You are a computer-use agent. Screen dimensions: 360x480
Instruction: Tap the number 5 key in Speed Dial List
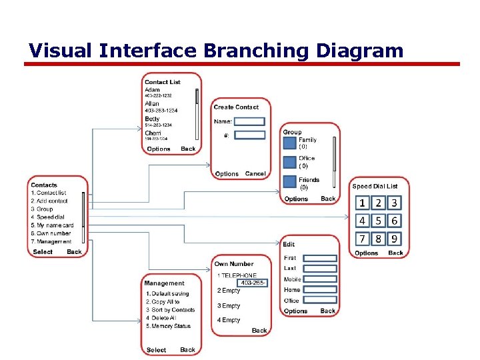click(379, 221)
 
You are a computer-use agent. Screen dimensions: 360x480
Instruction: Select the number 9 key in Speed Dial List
click(395, 238)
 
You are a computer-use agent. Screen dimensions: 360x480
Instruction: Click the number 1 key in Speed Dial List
click(362, 203)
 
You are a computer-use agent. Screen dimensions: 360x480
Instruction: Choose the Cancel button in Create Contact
click(255, 174)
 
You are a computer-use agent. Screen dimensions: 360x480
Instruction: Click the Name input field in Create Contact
click(249, 121)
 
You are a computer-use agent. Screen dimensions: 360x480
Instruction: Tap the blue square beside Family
click(290, 143)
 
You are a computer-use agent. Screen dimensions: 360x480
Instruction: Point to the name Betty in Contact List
click(152, 119)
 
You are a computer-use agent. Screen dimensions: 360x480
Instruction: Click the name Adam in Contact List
click(152, 89)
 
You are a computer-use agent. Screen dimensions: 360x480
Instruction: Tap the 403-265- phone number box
click(253, 283)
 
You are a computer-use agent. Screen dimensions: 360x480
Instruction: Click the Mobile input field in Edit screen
click(320, 279)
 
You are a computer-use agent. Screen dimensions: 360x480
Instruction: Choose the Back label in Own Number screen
click(259, 331)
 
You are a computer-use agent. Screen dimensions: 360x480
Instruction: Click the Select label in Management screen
click(156, 349)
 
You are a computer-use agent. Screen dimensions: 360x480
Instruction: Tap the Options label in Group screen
click(296, 199)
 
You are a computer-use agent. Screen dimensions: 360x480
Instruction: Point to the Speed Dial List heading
click(375, 187)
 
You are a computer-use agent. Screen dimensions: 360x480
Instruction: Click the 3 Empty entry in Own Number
click(228, 306)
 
